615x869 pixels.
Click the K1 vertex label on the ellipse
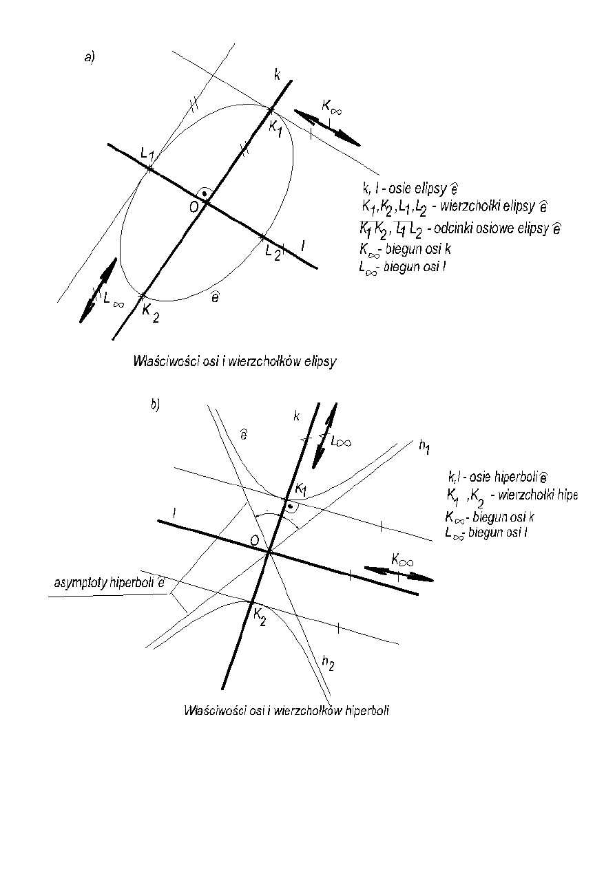[275, 127]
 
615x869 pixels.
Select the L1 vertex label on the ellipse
[147, 153]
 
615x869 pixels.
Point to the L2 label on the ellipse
[273, 252]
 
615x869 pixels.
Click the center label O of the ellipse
[195, 206]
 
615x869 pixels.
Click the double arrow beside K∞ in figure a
[328, 127]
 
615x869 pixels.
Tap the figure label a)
[90, 58]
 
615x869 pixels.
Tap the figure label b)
[155, 405]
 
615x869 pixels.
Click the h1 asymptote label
[425, 447]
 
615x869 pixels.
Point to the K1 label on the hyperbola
[300, 489]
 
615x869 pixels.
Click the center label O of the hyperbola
[255, 541]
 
